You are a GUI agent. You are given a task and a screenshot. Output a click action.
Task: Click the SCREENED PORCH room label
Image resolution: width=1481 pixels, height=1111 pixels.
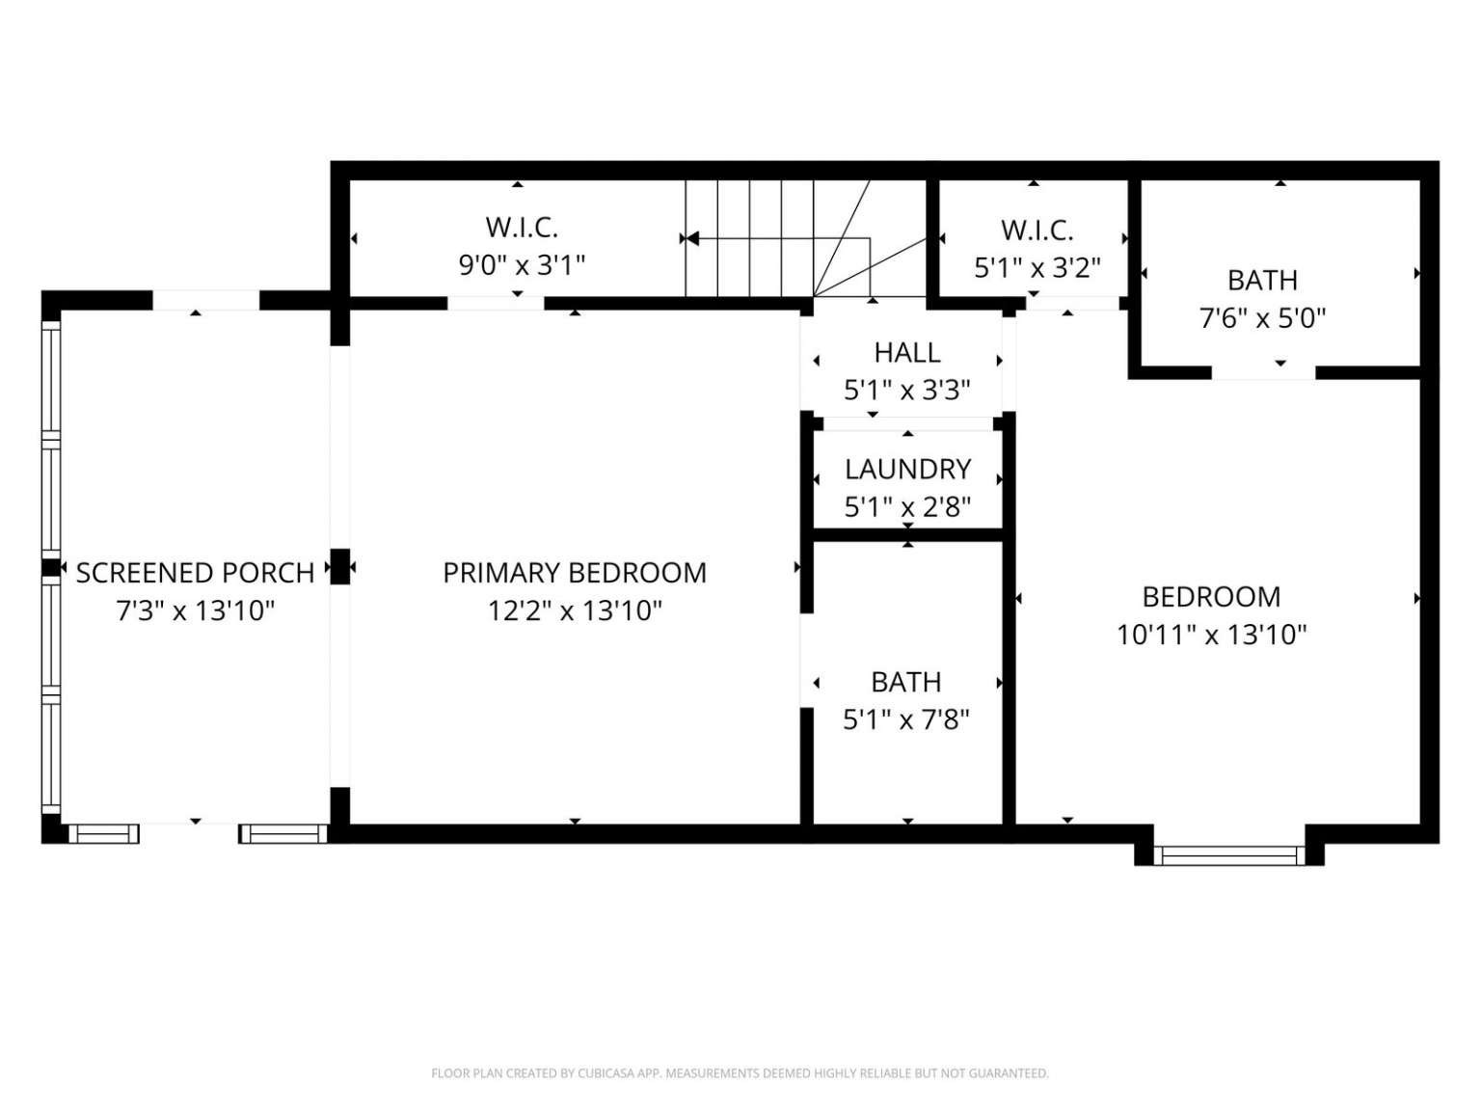pyautogui.click(x=195, y=574)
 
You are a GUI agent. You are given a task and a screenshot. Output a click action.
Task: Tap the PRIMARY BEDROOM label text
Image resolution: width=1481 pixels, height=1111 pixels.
pyautogui.click(x=575, y=574)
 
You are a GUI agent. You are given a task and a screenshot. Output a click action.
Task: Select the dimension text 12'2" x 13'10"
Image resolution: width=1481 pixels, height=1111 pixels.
pyautogui.click(x=575, y=611)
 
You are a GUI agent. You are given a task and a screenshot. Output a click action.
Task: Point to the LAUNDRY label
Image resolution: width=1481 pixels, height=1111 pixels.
pyautogui.click(x=907, y=470)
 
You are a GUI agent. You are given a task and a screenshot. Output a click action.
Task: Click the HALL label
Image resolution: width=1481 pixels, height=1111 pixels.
pyautogui.click(x=906, y=353)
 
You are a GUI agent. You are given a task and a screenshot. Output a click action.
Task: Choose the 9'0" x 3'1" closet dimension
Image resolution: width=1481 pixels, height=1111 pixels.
pyautogui.click(x=522, y=265)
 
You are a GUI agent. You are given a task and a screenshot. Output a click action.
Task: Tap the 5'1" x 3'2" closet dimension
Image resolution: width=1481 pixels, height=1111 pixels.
pyautogui.click(x=1037, y=268)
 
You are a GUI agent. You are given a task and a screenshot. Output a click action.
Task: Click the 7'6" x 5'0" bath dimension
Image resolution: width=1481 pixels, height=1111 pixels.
pyautogui.click(x=1262, y=317)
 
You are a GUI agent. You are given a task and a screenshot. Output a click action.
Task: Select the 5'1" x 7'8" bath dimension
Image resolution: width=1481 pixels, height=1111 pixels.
pyautogui.click(x=906, y=720)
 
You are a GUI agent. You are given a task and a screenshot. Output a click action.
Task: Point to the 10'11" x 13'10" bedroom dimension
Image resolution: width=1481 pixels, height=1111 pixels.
pyautogui.click(x=1212, y=636)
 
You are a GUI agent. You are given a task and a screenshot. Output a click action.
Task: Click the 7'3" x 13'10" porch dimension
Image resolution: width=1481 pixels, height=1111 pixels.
pyautogui.click(x=196, y=611)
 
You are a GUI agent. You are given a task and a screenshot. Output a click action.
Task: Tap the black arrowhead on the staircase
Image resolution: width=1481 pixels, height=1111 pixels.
pyautogui.click(x=692, y=238)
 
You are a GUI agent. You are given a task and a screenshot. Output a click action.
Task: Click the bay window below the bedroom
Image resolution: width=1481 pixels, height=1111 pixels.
pyautogui.click(x=1228, y=855)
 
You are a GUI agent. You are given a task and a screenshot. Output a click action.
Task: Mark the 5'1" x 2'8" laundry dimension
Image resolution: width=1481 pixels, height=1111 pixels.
pyautogui.click(x=907, y=507)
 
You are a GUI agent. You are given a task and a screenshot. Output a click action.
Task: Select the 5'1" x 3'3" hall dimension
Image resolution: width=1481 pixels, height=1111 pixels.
pyautogui.click(x=906, y=391)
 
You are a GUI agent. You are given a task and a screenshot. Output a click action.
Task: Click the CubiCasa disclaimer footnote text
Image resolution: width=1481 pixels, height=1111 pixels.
pyautogui.click(x=740, y=1073)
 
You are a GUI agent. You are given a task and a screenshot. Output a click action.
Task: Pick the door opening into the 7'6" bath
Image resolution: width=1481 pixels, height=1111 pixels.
pyautogui.click(x=1263, y=372)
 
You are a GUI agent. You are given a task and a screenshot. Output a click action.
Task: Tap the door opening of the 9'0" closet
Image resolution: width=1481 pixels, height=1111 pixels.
pyautogui.click(x=496, y=303)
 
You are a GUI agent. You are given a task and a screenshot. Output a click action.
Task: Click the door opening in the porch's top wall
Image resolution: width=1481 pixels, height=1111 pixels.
pyautogui.click(x=205, y=300)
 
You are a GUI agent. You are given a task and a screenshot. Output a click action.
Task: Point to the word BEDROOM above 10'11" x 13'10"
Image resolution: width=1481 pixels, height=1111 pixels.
pyautogui.click(x=1211, y=598)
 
